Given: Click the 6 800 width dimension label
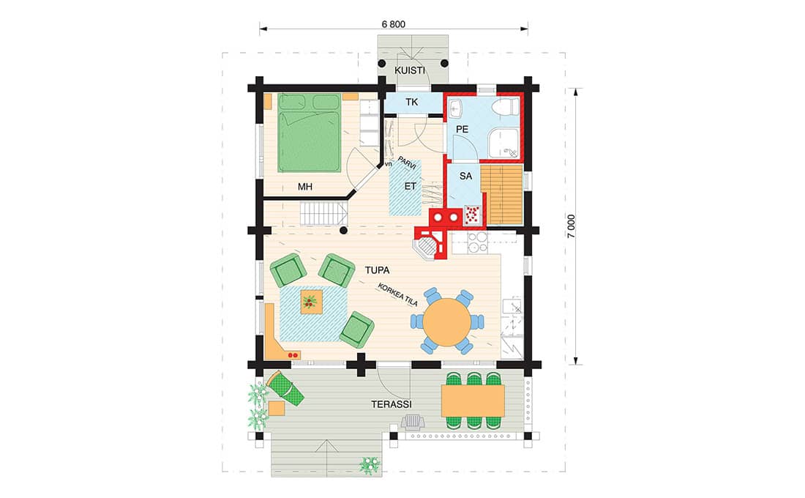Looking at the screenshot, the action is [393, 24].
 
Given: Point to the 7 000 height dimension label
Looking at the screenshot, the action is [572, 226].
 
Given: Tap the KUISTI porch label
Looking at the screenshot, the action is [410, 70].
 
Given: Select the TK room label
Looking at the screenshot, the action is [412, 103].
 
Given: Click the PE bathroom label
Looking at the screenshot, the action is [462, 130].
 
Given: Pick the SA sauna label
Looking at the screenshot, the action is [465, 176].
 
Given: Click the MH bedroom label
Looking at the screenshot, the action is [305, 187].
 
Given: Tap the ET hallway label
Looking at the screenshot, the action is [411, 187].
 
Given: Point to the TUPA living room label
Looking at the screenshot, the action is [378, 270].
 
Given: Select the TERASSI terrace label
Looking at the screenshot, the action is [392, 404].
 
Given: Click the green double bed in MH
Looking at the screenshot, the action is [309, 133].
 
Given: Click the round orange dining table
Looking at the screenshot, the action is [447, 322].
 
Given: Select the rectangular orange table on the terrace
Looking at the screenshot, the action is [473, 401].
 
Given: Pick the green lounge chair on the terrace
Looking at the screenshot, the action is [285, 388].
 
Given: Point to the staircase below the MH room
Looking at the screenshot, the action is [323, 213].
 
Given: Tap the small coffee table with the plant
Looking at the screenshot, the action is [311, 301].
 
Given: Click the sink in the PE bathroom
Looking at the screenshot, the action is [456, 108].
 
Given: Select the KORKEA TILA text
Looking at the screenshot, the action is [398, 294].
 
